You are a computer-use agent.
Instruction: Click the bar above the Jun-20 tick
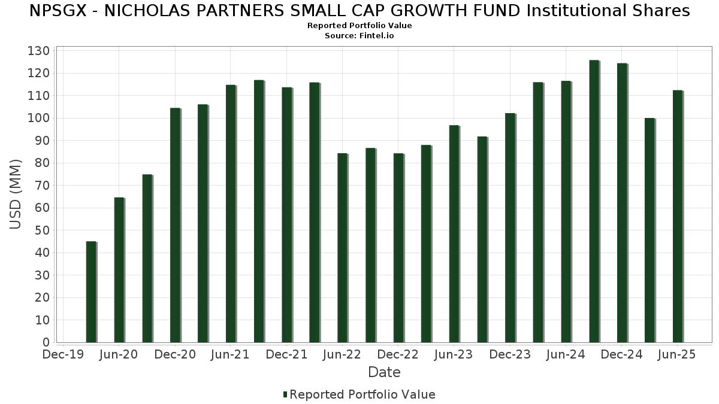119,269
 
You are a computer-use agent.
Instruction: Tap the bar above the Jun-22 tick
342,248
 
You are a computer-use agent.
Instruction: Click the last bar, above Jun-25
677,216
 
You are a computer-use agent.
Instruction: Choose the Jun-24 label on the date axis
566,355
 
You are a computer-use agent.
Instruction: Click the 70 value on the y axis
42,186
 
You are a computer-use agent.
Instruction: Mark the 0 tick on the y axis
46,342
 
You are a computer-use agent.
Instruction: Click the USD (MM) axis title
16,194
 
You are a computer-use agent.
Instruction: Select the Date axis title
384,372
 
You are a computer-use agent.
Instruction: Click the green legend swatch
285,394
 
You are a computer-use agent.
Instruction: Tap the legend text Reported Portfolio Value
362,394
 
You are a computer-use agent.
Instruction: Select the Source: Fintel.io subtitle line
359,36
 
